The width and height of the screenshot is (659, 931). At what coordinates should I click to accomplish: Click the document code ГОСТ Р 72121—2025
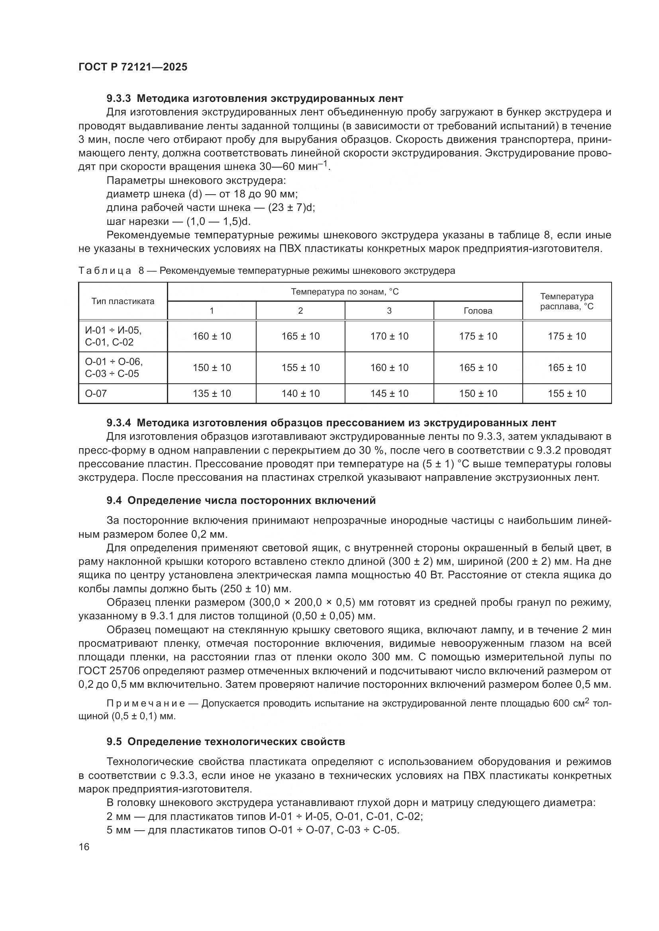click(133, 67)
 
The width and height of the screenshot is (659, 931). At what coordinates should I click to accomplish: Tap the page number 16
click(84, 847)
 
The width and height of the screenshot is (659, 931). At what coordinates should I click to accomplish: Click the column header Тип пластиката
click(123, 301)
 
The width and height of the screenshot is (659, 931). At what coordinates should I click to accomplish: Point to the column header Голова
click(478, 311)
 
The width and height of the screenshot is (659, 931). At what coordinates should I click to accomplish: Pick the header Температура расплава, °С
click(567, 301)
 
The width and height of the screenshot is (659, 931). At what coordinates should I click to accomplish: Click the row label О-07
click(96, 393)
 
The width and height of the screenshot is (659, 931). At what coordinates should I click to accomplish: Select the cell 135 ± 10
click(212, 393)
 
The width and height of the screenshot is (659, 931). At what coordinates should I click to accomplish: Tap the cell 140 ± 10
click(300, 393)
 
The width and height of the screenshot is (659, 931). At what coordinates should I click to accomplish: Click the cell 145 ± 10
click(389, 393)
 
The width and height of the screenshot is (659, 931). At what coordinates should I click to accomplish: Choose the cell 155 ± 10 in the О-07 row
click(567, 393)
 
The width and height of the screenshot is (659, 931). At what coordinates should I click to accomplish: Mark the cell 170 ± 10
click(389, 336)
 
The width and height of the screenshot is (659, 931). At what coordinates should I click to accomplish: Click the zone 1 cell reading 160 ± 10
click(212, 336)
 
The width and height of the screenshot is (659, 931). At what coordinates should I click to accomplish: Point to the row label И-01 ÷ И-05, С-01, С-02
click(113, 336)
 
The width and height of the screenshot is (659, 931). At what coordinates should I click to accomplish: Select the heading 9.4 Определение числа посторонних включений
click(241, 501)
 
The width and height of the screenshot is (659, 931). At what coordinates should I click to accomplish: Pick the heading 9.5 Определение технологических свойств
click(226, 742)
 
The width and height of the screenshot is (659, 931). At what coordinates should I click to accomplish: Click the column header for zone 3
click(389, 311)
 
